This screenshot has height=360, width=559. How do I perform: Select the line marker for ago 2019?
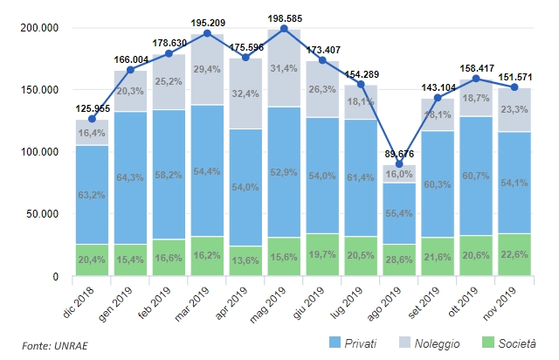(399, 164)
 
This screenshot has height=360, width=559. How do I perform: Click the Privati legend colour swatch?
(335, 343)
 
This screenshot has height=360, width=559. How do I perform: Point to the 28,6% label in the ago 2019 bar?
(399, 261)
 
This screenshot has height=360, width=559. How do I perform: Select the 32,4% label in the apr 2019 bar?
(245, 92)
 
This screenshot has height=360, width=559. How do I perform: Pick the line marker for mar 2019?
(207, 34)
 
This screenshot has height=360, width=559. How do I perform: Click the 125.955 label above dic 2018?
(92, 109)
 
